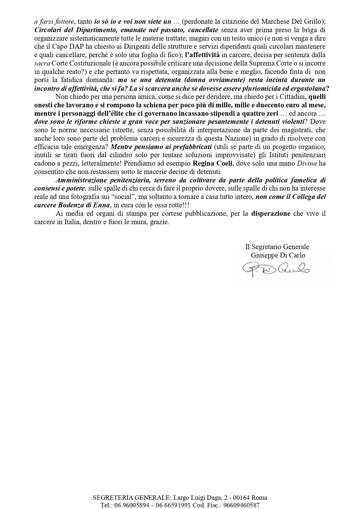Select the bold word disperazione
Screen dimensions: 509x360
pyautogui.click(x=271, y=214)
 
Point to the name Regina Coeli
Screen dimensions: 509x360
pyautogui.click(x=210, y=163)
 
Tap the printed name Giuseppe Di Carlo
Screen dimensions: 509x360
pyautogui.click(x=278, y=255)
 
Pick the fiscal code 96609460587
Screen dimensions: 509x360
pyautogui.click(x=244, y=505)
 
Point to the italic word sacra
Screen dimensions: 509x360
pyautogui.click(x=40, y=63)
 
